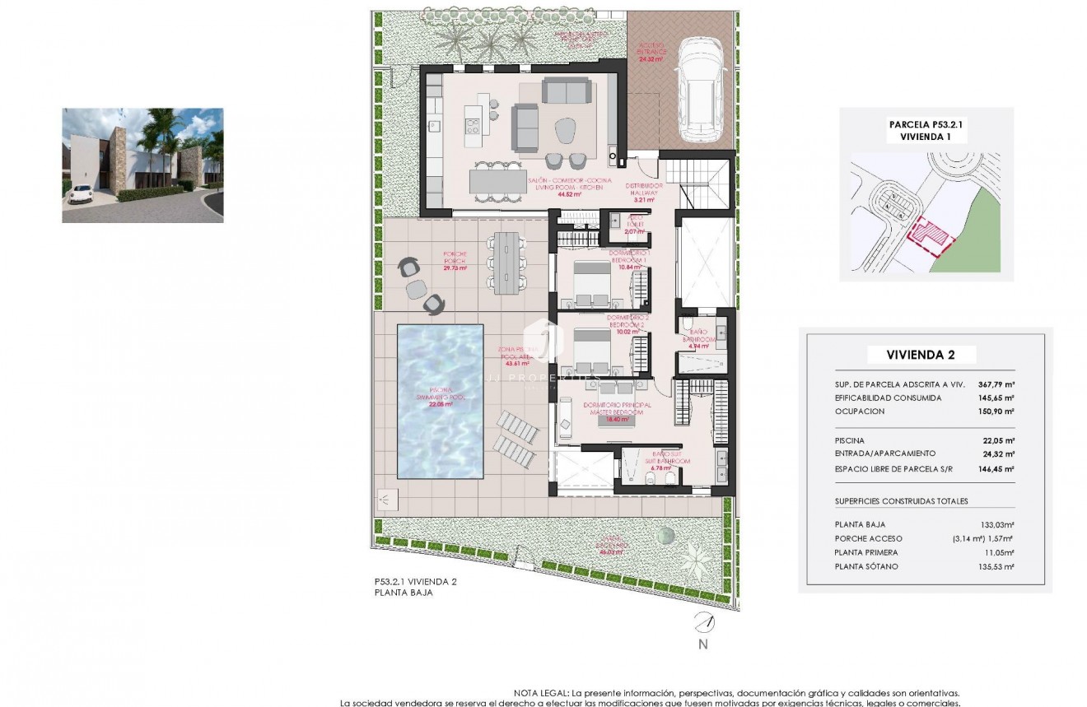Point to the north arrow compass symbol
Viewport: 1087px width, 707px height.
(x=702, y=623)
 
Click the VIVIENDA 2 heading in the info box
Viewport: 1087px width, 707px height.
(x=921, y=355)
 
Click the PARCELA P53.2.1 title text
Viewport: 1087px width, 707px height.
(x=925, y=125)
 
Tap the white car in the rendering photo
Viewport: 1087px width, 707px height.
(x=80, y=195)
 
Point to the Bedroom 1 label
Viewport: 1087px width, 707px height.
(x=630, y=260)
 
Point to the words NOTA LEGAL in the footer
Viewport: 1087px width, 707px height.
(x=539, y=694)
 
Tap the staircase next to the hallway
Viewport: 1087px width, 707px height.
(x=697, y=184)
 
